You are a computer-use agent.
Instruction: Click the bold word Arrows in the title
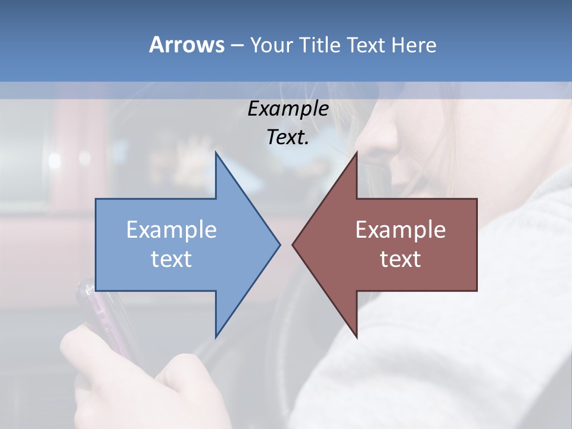[x=186, y=45]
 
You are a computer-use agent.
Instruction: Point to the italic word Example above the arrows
[x=288, y=108]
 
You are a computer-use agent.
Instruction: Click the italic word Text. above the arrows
[x=288, y=137]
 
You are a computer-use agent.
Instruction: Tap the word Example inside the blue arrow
[x=172, y=229]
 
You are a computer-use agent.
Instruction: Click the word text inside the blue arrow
[x=172, y=259]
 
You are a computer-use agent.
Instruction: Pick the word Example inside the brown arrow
[x=400, y=229]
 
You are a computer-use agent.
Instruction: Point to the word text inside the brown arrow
[x=400, y=259]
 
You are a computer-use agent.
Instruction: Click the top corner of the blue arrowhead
[x=216, y=154]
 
